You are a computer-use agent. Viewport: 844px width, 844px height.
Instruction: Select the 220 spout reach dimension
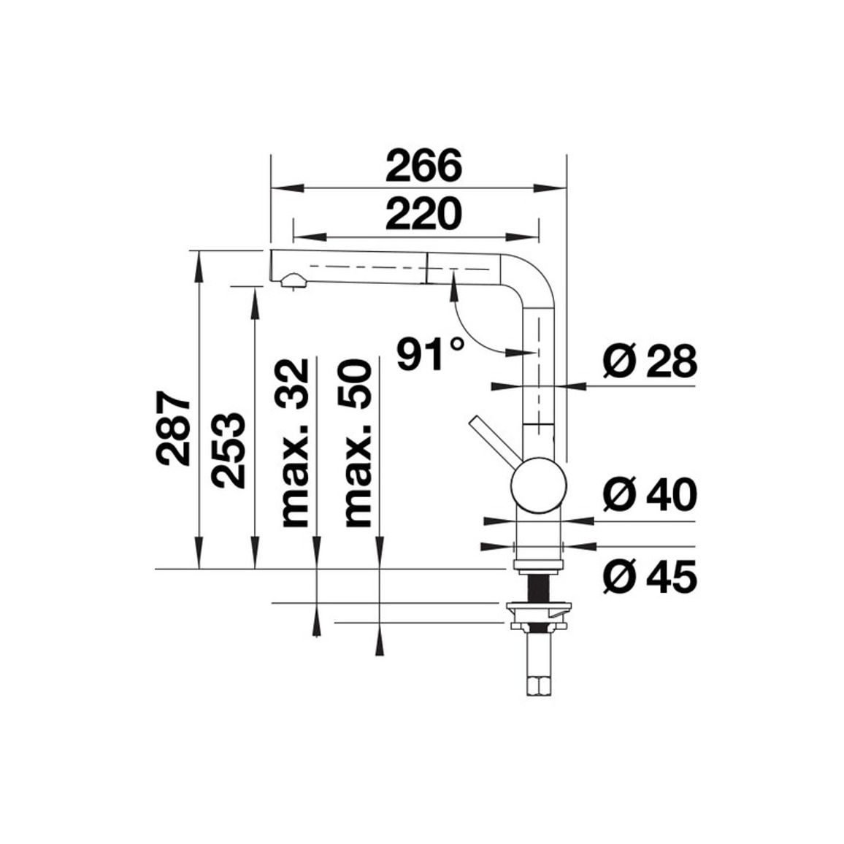click(423, 214)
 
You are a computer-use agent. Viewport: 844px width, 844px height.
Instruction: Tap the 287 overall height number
click(173, 429)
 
